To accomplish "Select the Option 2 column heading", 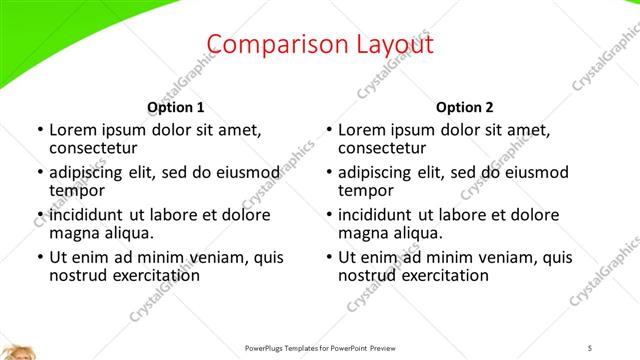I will point(465,107).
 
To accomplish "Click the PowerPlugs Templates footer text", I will point(320,348).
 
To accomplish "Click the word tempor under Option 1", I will point(77,189).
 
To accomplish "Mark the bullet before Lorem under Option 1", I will point(39,130).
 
